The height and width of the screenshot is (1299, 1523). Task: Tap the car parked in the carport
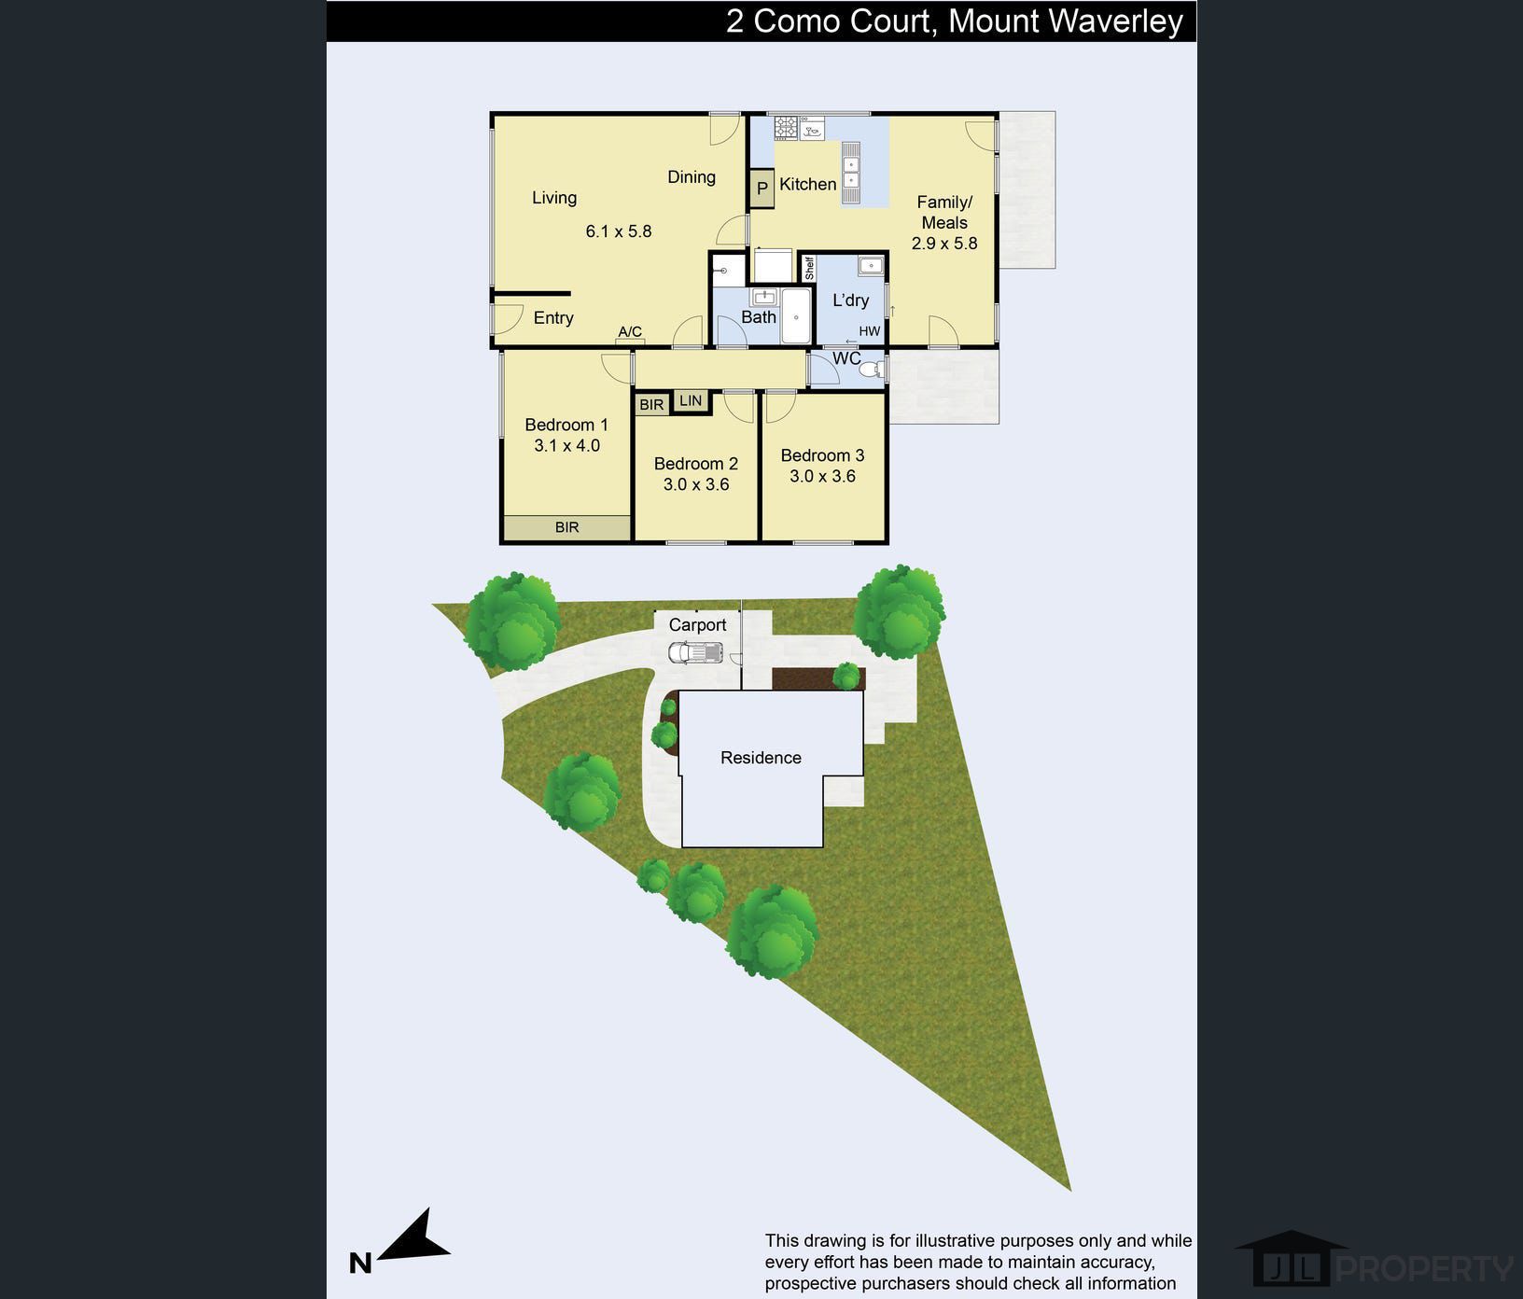[x=695, y=652]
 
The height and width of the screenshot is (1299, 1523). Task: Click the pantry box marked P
[x=761, y=188]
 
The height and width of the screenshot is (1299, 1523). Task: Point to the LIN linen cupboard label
[x=691, y=400]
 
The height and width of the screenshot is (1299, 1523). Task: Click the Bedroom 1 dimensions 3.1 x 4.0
[x=566, y=445]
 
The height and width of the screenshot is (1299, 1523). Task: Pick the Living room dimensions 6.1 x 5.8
[x=618, y=230]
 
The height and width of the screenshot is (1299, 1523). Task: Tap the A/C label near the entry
[x=630, y=331]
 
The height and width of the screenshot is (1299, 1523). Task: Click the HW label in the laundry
[x=869, y=331]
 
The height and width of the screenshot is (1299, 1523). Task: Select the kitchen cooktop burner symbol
[x=786, y=128]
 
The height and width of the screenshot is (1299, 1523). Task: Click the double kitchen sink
[x=851, y=172]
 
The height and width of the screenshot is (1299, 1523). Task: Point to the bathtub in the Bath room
[x=796, y=316]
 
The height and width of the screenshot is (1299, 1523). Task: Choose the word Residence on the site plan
[x=761, y=758]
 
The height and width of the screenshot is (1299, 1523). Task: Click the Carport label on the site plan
[x=697, y=625]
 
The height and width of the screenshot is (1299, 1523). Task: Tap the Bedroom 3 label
[x=822, y=455]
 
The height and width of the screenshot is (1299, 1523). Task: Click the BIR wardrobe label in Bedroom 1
[x=566, y=527]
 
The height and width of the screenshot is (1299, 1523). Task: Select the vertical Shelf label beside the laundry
[x=809, y=269]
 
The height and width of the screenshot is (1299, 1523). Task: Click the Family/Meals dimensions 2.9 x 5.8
[x=944, y=244]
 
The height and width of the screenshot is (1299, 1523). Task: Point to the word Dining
[x=692, y=177]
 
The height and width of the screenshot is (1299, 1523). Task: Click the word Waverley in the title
[x=1112, y=21]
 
